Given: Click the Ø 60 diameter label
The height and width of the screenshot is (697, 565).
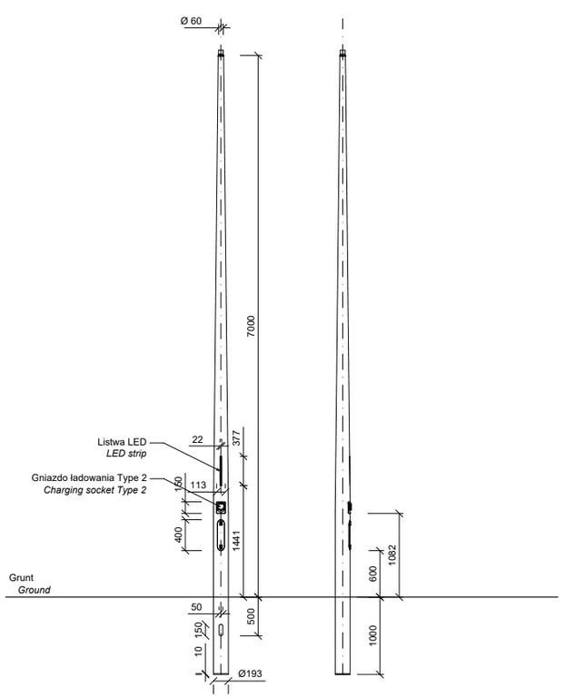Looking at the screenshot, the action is (191, 21).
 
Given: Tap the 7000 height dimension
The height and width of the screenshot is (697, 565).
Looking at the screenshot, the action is (252, 326).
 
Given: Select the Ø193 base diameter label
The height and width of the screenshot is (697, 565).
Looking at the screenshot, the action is (250, 674).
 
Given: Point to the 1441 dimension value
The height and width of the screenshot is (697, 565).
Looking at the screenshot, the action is (237, 541).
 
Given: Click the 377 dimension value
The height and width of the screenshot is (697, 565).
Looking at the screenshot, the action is (237, 437).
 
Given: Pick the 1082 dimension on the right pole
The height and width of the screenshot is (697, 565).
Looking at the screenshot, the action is (392, 555).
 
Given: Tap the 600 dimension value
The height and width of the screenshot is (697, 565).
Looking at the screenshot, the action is (373, 574).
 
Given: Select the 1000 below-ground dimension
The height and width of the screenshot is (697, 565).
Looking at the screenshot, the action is (372, 635).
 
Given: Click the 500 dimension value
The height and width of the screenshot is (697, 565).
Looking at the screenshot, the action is (252, 616).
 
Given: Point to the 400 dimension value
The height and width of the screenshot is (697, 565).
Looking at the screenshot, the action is (179, 535).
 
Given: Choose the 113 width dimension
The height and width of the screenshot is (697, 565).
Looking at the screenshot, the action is (198, 485).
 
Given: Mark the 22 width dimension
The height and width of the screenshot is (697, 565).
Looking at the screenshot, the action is (197, 439).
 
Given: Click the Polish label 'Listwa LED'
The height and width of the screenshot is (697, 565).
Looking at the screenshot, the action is (122, 442).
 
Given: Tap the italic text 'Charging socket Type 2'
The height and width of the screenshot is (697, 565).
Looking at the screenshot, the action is (94, 490).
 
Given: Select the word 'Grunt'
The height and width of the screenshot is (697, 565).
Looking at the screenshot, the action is (21, 578).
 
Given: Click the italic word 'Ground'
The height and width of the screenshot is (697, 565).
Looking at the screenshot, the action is (35, 590).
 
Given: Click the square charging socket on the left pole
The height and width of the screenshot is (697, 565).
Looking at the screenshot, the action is (221, 507).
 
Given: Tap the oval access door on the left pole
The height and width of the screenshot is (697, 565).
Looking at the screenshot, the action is (221, 535).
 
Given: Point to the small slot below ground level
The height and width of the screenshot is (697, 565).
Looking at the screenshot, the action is (221, 630).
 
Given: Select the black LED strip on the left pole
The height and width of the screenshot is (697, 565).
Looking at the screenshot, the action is (220, 470).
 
